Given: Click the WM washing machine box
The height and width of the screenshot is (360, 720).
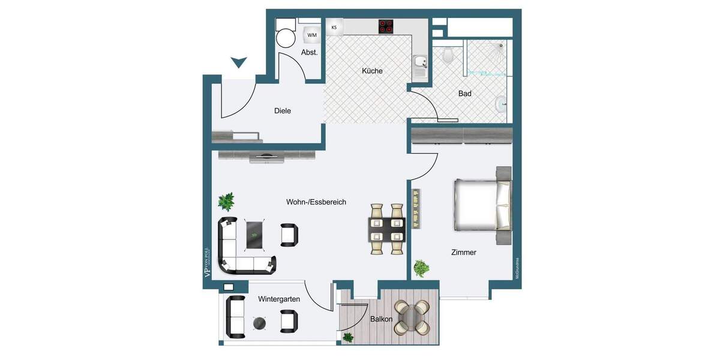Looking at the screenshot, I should coord(312,35).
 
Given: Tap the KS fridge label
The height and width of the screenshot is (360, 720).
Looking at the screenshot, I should coord(334,28).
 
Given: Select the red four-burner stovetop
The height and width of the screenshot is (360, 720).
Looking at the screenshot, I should coord(385,26).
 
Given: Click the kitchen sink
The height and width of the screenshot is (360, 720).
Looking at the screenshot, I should coord(420,62).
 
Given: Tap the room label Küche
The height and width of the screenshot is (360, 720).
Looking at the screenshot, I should coord(372,71).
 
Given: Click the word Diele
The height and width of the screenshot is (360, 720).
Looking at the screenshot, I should coord(283,111).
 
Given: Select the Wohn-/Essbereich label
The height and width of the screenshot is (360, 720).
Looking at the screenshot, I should coord(316,202).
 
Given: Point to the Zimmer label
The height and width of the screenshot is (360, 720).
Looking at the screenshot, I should coord(464,253).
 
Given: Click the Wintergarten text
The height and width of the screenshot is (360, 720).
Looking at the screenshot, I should coord(279,299).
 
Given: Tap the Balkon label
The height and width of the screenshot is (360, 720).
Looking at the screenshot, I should coord(381,319).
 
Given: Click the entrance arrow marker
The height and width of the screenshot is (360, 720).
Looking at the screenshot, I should coord(239,62).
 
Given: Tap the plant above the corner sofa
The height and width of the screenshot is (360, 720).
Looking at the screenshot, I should coord(226,200).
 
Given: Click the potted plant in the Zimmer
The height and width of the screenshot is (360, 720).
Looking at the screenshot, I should coord(421,267).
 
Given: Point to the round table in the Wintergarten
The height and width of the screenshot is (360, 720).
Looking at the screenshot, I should coord(259,323).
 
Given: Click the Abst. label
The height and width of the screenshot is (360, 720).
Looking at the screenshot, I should coord(309,52).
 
